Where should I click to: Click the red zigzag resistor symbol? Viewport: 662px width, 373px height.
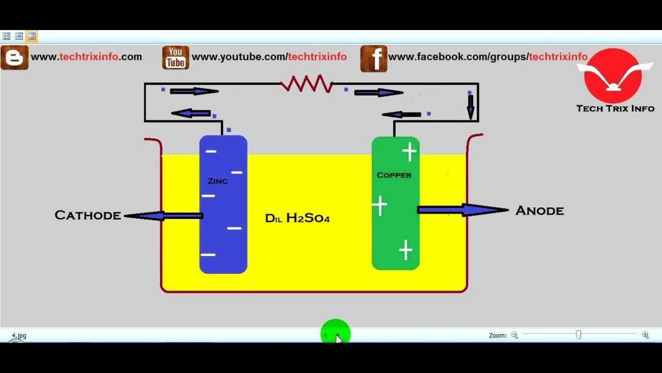[306, 84]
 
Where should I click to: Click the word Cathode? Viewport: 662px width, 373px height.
[87, 216]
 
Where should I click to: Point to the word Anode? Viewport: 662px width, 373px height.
[539, 211]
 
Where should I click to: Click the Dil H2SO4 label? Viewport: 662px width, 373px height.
[297, 218]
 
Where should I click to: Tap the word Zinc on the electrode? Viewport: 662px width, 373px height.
[217, 181]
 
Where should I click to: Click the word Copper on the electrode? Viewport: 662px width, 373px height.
[394, 175]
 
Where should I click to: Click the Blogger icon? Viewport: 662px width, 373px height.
[14, 58]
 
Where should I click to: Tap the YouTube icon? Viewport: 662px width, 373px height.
[175, 58]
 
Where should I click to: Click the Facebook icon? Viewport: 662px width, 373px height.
[373, 58]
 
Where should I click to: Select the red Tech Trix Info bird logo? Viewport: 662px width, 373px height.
[613, 76]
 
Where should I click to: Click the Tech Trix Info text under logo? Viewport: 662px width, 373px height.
[615, 108]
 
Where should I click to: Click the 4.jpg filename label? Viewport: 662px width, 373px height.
[19, 336]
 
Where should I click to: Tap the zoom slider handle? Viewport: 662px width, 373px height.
[578, 335]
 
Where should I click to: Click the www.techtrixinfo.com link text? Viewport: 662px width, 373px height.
[86, 57]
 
